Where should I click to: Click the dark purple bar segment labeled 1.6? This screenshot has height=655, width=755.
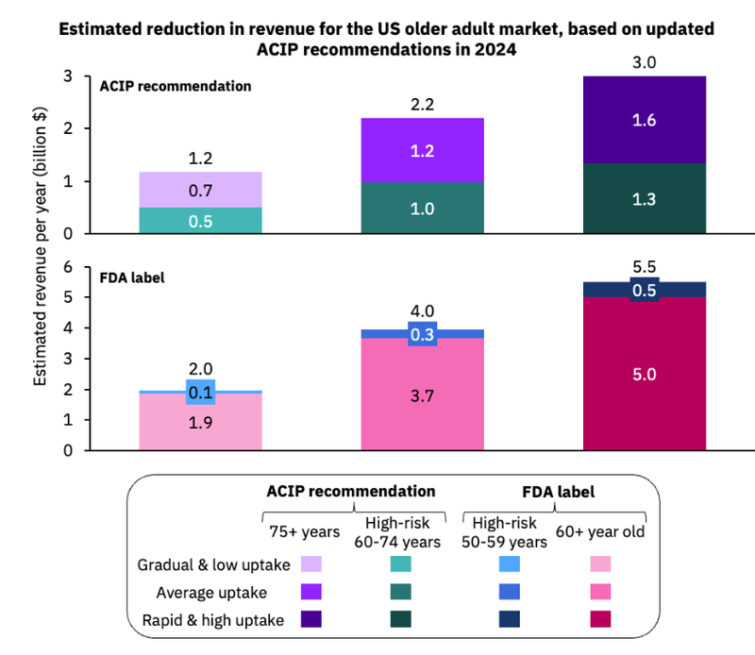[x=645, y=120]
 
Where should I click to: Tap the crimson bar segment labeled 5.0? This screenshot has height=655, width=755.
[x=645, y=374]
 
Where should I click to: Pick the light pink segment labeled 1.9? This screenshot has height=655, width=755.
[x=200, y=422]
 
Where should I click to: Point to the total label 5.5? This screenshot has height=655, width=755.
[x=645, y=268]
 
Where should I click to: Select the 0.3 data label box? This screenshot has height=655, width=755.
[x=422, y=334]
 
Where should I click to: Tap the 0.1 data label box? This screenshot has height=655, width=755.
[x=200, y=392]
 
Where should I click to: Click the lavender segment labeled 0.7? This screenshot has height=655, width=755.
[x=200, y=190]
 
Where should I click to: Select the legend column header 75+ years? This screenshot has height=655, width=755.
[x=294, y=531]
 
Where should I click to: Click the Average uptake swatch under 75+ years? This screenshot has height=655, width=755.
[x=310, y=592]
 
